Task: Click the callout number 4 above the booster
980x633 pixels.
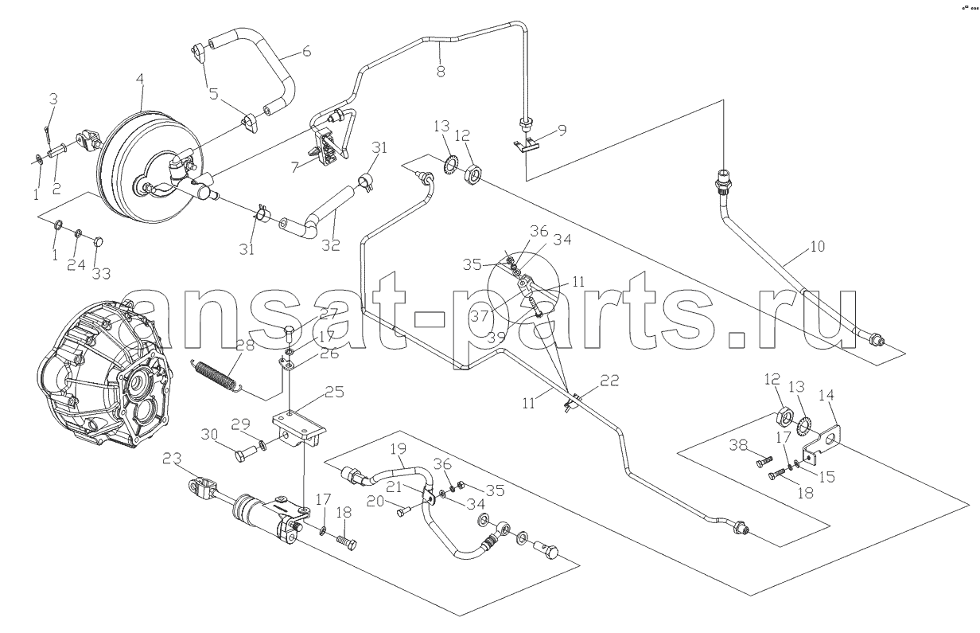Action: [x=139, y=80]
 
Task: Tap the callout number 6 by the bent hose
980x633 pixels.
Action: [x=306, y=51]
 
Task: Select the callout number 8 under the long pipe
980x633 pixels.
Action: [x=441, y=71]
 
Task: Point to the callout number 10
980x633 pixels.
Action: [x=817, y=246]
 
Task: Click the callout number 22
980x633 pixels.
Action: [x=609, y=381]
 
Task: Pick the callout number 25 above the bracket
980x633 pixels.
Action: [x=334, y=391]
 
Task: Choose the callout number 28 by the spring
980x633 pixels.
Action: [x=244, y=346]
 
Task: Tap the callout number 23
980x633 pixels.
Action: [x=172, y=458]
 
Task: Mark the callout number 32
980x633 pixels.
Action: [x=330, y=245]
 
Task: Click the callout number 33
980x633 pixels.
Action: [x=101, y=274]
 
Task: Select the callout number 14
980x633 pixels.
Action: [x=826, y=395]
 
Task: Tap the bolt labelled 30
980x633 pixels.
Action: [x=247, y=453]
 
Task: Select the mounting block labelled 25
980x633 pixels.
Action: [x=300, y=430]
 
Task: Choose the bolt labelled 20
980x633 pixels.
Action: [x=405, y=510]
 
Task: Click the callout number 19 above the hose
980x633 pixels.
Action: [x=399, y=449]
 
